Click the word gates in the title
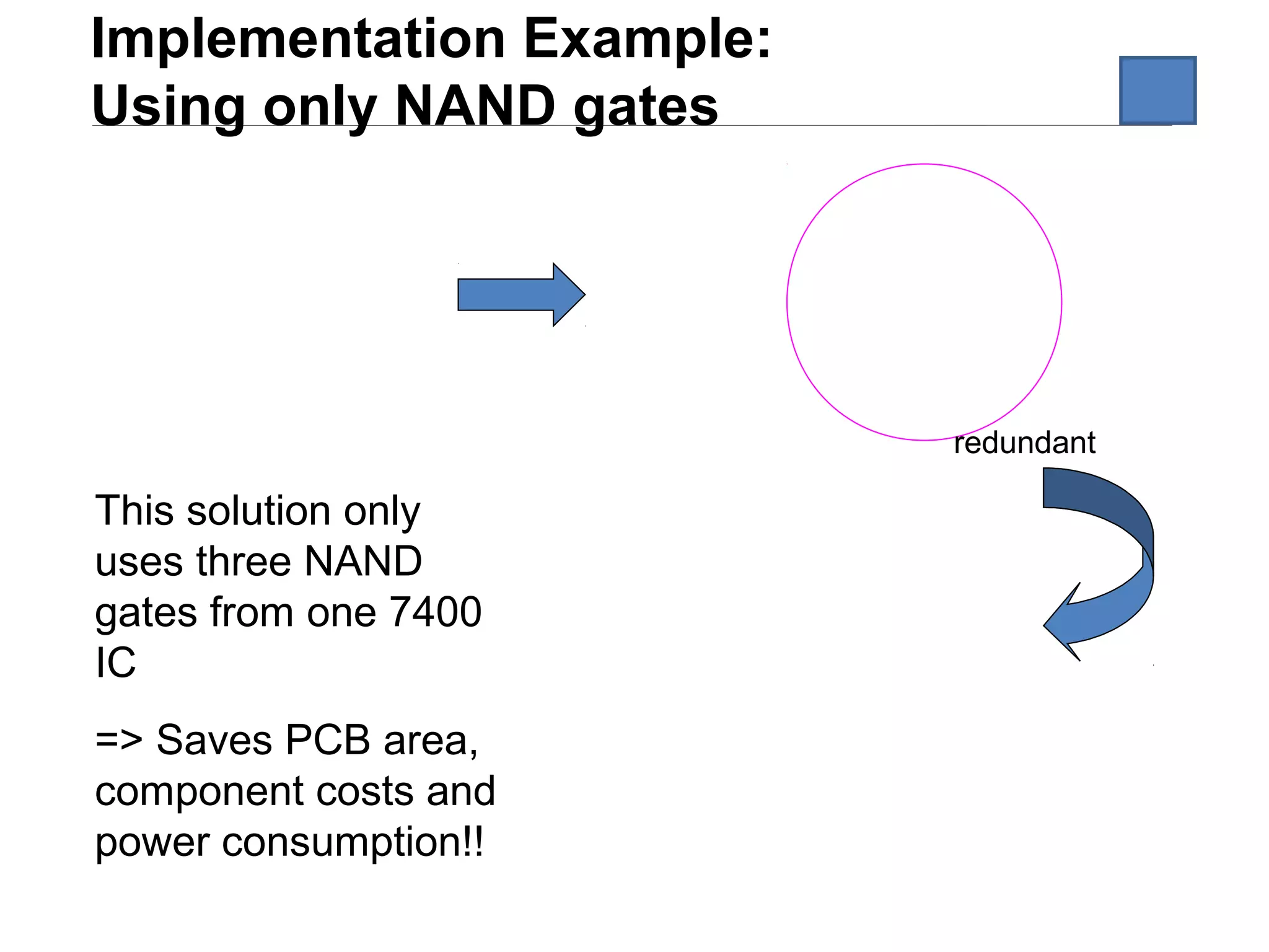pyautogui.click(x=646, y=107)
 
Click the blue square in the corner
pyautogui.click(x=1157, y=90)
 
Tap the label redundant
pyautogui.click(x=1024, y=443)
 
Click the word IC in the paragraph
pyautogui.click(x=115, y=663)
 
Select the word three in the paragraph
pyautogui.click(x=244, y=562)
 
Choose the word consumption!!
pyautogui.click(x=353, y=842)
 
